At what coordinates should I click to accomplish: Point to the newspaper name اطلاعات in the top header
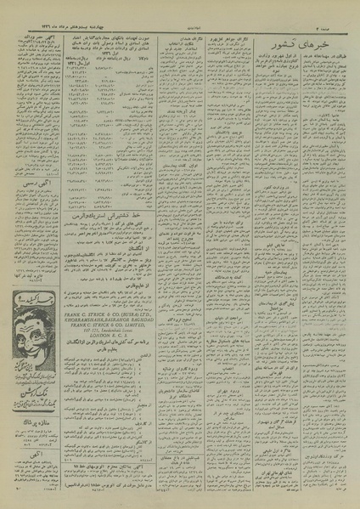tap(187, 8)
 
